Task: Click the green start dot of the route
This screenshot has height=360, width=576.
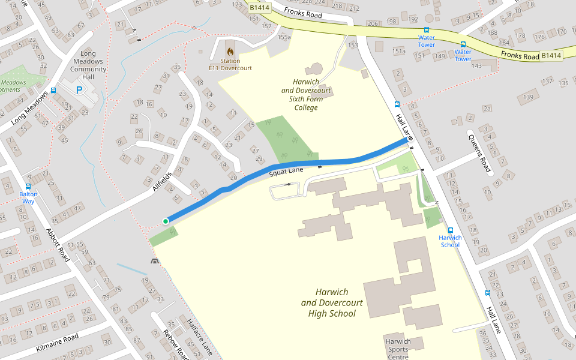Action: coord(166,221)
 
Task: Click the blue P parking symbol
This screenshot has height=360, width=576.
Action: coord(79,90)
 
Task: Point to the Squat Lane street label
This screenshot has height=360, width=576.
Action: coord(286,172)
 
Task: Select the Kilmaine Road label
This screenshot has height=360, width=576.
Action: coord(57,343)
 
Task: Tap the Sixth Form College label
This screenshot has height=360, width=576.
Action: coord(306,95)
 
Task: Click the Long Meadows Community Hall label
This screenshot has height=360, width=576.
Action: coord(88,61)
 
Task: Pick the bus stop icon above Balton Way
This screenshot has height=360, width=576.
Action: coord(28,186)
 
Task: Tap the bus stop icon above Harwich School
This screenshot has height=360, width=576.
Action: coord(450,229)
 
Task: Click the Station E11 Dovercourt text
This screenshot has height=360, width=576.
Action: coord(230,65)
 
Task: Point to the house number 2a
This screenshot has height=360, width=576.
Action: coord(487,109)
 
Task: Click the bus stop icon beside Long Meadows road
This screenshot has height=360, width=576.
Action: coord(53,91)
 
